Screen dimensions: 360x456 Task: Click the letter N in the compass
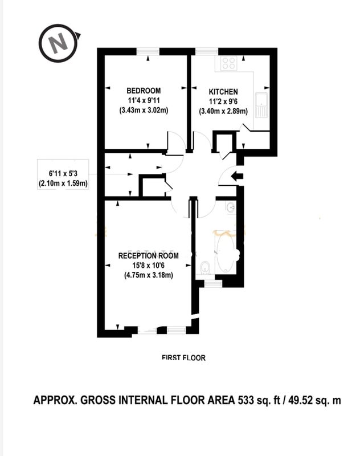58,43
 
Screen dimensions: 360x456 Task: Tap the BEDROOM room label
144,91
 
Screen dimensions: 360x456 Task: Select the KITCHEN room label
223,92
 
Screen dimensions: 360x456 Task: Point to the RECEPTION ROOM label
148,255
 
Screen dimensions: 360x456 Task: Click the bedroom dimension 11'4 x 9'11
144,100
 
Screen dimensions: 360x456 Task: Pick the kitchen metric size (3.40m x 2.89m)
223,111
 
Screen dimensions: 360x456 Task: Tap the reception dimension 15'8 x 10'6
149,265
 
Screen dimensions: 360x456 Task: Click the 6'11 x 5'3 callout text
63,174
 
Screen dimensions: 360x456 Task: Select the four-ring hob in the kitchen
228,63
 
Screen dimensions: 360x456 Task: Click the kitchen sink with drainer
261,105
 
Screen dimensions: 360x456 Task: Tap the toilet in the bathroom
206,267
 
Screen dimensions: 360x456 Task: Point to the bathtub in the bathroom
225,252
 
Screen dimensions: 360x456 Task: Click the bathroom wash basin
231,207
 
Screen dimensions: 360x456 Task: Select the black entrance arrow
237,176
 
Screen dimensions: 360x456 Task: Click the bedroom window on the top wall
148,51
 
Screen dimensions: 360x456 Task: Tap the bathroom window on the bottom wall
214,283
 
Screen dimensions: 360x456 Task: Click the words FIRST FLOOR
183,357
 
